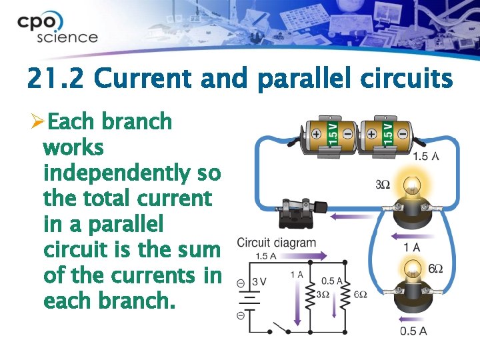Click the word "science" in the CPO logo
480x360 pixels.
click(x=67, y=37)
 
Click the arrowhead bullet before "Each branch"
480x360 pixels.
click(x=38, y=122)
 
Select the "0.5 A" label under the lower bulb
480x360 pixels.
click(x=413, y=331)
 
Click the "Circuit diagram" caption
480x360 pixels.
click(x=277, y=242)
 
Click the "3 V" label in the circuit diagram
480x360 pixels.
click(x=259, y=281)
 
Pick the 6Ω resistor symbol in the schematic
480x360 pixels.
click(x=345, y=295)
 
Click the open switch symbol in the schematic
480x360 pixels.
click(x=279, y=328)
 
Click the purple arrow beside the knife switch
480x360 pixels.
click(x=350, y=216)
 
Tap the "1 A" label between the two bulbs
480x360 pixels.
click(x=412, y=248)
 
